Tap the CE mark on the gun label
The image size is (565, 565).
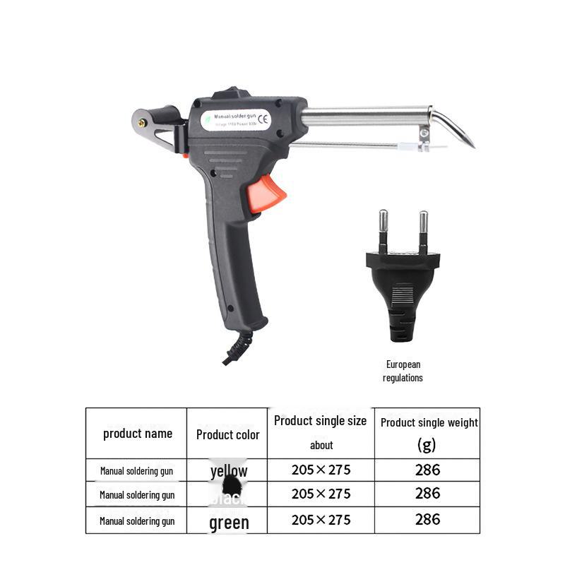click(x=263, y=118)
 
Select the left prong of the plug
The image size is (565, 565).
click(x=383, y=227)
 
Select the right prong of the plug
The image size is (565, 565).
click(x=423, y=227)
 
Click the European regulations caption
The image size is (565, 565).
click(x=403, y=371)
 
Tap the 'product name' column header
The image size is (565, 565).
click(x=138, y=434)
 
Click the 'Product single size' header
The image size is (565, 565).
click(x=321, y=421)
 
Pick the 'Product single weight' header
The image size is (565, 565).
click(x=429, y=423)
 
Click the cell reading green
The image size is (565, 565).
click(x=229, y=523)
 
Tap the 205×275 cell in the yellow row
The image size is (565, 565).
click(x=321, y=470)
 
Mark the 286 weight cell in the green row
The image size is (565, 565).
click(x=427, y=520)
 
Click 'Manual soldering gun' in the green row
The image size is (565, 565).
click(x=137, y=521)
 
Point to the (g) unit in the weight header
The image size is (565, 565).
click(x=427, y=445)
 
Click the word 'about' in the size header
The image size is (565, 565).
click(x=321, y=445)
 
